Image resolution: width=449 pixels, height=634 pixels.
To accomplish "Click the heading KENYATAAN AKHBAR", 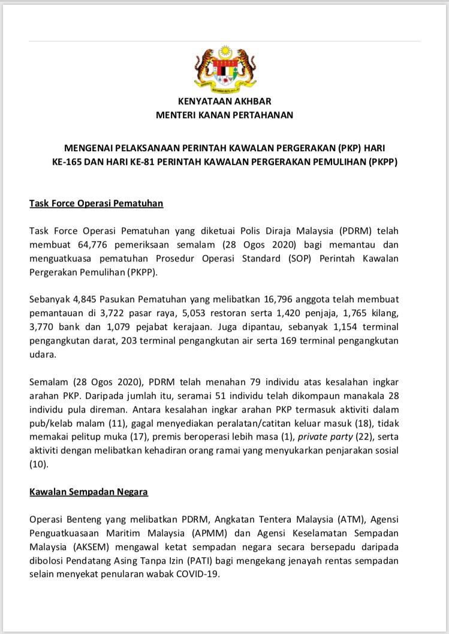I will click(x=224, y=101).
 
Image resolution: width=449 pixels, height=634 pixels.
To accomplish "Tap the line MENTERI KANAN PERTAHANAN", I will click(x=224, y=114).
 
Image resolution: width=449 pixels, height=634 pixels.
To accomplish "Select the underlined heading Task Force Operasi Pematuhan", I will click(x=97, y=203).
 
